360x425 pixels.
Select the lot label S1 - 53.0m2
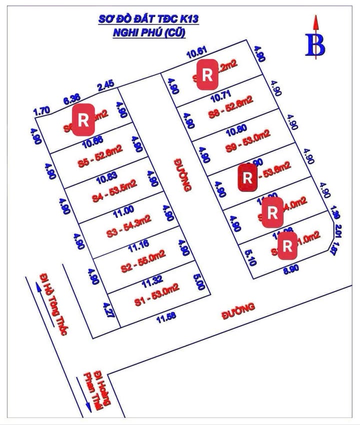click(x=156, y=290)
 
